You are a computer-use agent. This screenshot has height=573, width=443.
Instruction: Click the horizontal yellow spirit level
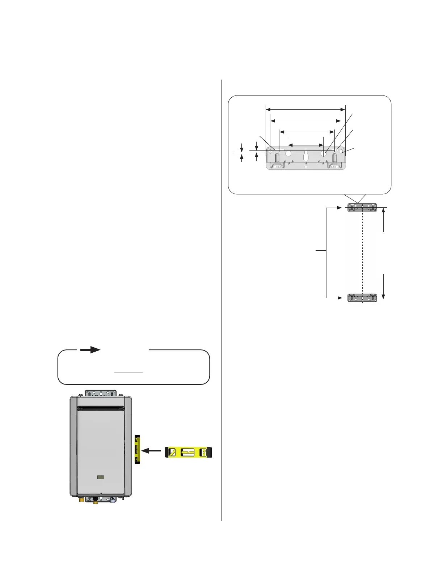[x=188, y=452]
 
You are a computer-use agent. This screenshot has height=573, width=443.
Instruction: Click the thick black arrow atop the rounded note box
[x=90, y=349]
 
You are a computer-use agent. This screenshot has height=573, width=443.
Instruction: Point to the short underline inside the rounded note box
[x=129, y=373]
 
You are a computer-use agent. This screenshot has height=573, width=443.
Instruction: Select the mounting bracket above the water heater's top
[x=101, y=393]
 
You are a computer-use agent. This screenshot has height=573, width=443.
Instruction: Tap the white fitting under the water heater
[x=113, y=501]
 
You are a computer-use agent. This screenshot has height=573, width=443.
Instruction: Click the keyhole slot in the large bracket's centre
[x=306, y=156]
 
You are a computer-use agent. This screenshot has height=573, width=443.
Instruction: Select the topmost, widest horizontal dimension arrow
[x=306, y=109]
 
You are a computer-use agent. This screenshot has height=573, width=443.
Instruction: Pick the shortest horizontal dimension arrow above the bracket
[x=305, y=145]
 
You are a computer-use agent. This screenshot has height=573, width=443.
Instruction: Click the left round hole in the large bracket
[x=288, y=153]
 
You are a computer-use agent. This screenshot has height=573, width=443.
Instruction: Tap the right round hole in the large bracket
[x=324, y=153]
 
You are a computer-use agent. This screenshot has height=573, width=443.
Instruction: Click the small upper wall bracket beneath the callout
[x=362, y=208]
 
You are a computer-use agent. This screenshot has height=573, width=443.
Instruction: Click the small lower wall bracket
[x=362, y=298]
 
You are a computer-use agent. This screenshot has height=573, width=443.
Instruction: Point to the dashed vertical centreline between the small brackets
[x=362, y=253]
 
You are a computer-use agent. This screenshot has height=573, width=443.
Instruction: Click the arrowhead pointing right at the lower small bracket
[x=339, y=298]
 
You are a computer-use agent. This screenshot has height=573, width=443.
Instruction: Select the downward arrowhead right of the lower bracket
[x=383, y=296]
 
